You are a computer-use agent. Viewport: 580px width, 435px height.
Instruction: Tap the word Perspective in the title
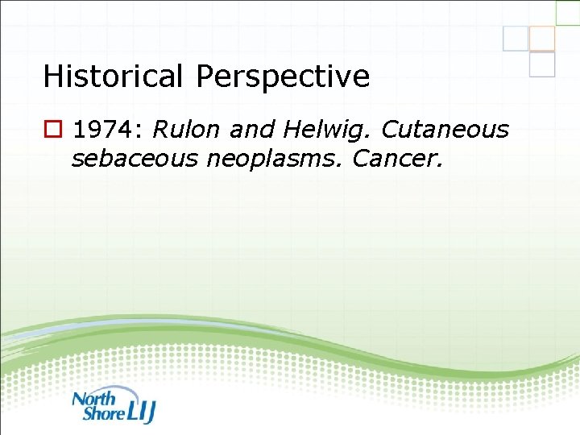(283, 77)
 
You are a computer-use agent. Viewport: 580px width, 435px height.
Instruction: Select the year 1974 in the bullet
(106, 129)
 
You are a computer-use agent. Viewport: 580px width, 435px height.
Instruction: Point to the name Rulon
(185, 129)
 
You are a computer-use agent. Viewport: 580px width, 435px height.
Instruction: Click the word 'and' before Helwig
(250, 129)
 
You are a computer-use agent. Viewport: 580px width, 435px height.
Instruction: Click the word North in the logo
(95, 397)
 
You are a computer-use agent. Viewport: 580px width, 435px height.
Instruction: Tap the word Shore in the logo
(103, 412)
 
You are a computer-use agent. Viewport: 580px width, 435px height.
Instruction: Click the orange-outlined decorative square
(542, 39)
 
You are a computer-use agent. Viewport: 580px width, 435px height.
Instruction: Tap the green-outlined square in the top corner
(568, 11)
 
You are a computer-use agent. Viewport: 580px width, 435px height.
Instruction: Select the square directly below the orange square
(542, 64)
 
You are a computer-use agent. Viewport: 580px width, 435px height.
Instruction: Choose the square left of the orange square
(516, 38)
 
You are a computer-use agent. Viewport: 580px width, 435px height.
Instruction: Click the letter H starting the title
(52, 77)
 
